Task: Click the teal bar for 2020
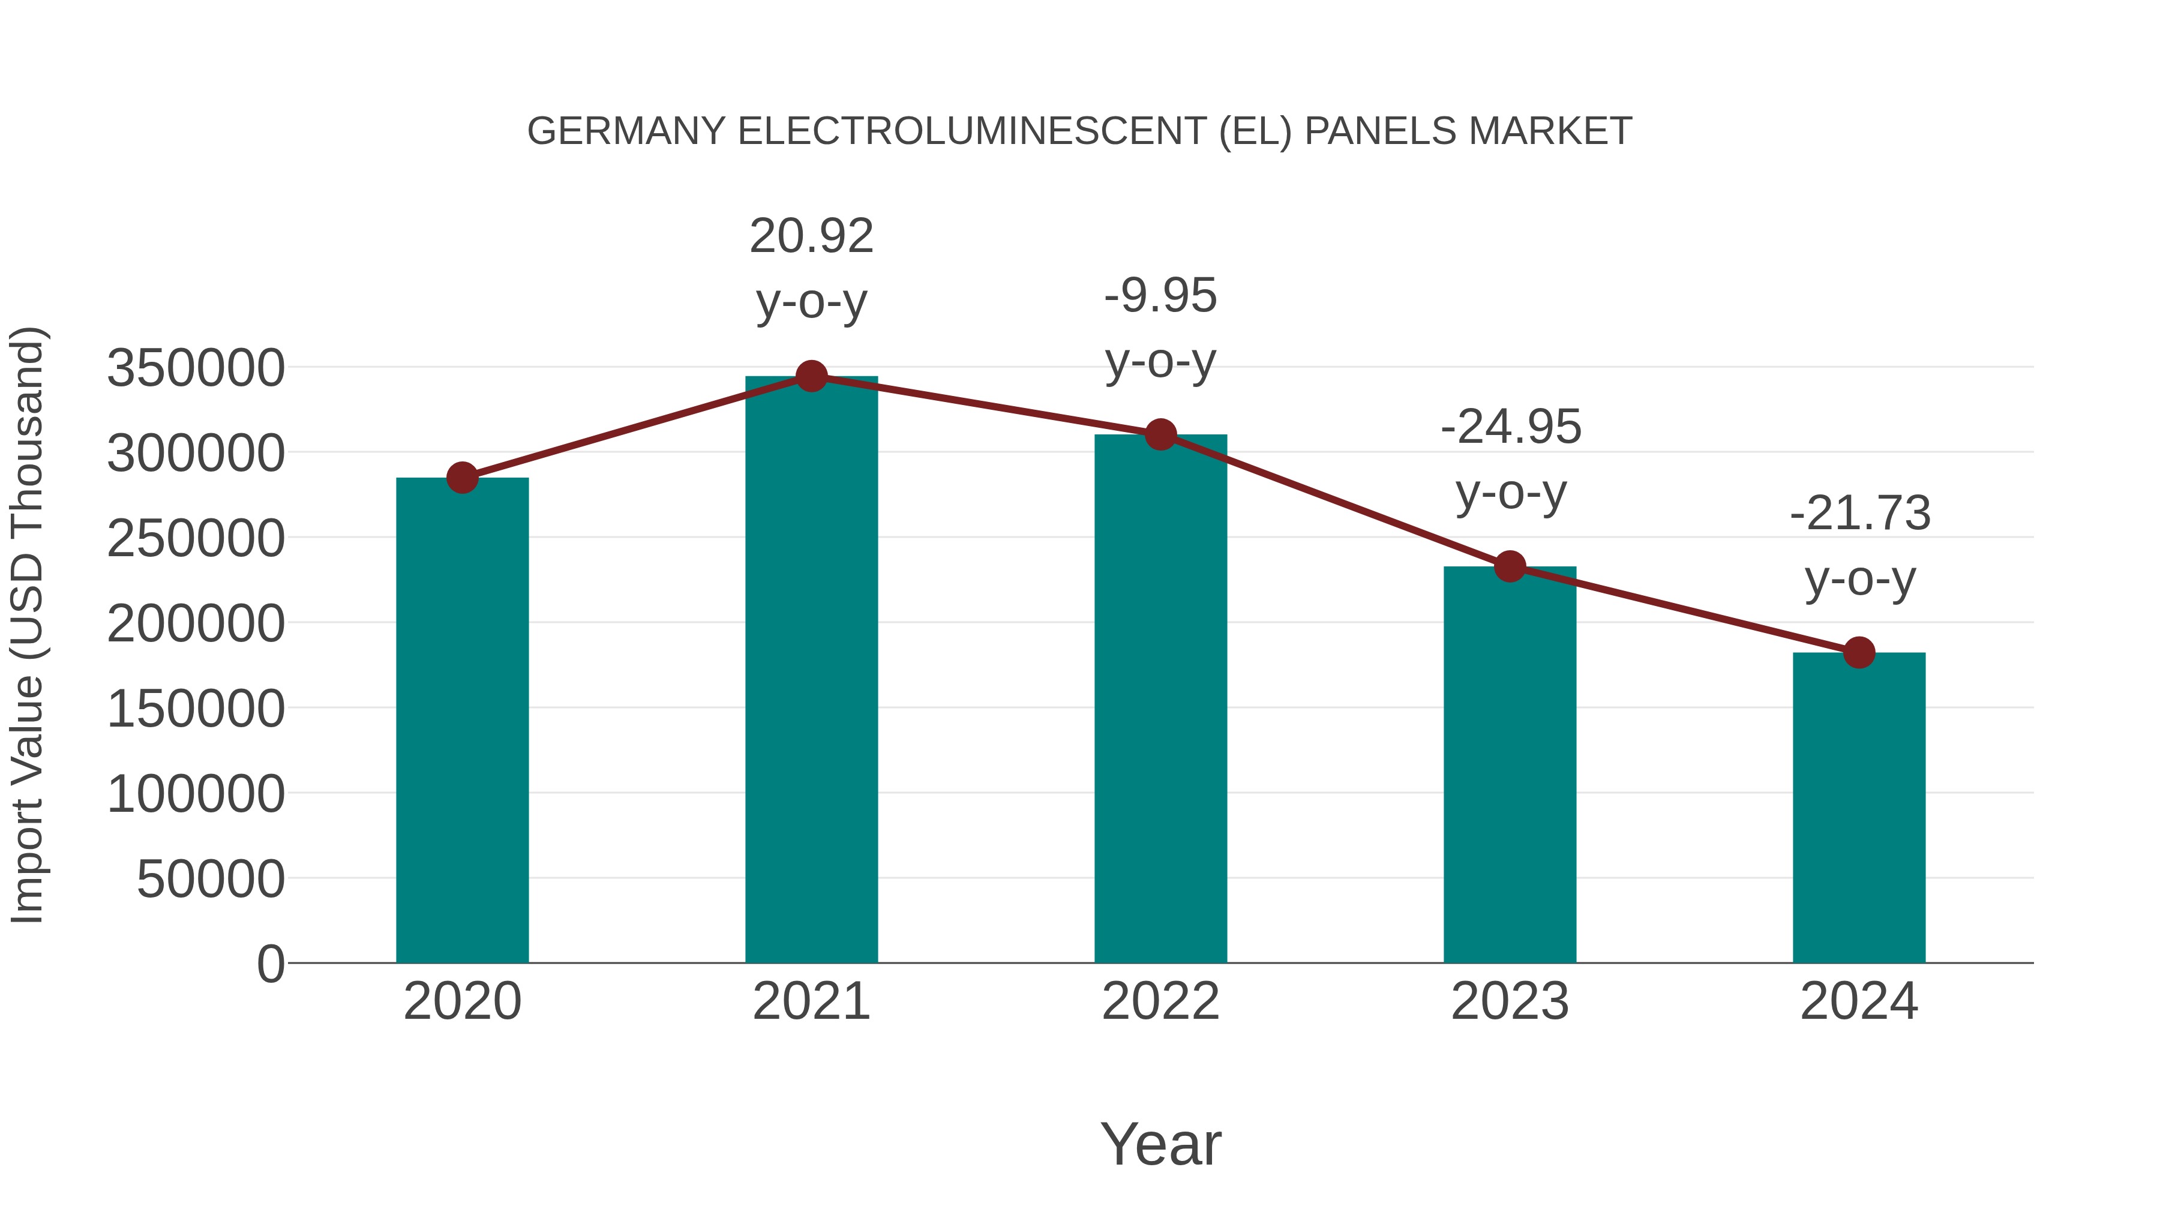point(462,721)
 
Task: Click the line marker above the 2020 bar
point(462,478)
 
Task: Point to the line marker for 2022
point(1160,434)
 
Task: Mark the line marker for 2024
point(1859,652)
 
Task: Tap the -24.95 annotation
point(1510,428)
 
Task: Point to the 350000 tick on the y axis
point(196,369)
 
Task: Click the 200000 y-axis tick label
point(196,625)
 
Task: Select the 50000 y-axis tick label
point(211,880)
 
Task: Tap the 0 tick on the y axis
point(270,964)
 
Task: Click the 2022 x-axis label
point(1160,1002)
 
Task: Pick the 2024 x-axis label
point(1859,1002)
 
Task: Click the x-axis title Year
point(1160,1145)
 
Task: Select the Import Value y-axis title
point(27,625)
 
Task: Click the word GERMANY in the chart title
point(626,131)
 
